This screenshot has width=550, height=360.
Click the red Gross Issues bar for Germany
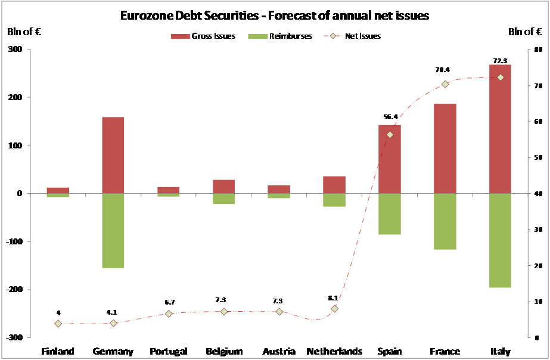point(113,155)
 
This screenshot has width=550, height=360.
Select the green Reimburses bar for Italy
point(499,240)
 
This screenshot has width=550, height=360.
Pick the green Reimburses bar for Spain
point(389,213)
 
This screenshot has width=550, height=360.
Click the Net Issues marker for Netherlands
point(334,309)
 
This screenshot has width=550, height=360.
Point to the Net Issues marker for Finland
point(58,324)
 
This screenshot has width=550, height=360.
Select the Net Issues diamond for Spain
point(390,135)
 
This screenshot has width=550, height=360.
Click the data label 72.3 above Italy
point(500,61)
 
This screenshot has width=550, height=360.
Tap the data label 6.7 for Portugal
point(169,302)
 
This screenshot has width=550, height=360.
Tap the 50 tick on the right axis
point(537,158)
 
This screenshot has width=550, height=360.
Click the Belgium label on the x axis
point(223,351)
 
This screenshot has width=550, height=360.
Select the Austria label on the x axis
point(279,351)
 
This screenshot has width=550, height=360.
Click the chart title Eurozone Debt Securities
point(274,15)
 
